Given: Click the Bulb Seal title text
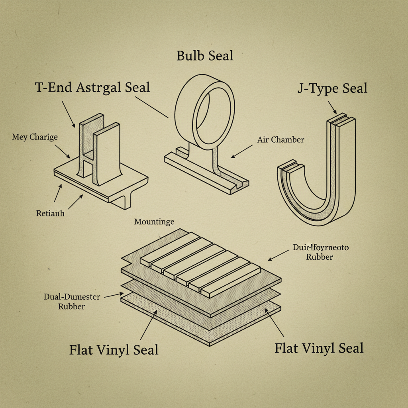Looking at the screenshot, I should pyautogui.click(x=205, y=55).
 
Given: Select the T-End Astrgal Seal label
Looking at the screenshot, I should pyautogui.click(x=92, y=87).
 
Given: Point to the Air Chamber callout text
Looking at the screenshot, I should pyautogui.click(x=280, y=140).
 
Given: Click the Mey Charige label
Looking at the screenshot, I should pyautogui.click(x=35, y=137).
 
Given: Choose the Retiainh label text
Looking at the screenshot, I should pyautogui.click(x=50, y=213).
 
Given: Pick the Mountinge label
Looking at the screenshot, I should pyautogui.click(x=154, y=222).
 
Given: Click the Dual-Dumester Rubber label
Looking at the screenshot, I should pyautogui.click(x=72, y=302).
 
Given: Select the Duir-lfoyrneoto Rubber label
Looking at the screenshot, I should pyautogui.click(x=320, y=252).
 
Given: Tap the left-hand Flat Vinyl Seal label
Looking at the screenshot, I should pyautogui.click(x=114, y=350).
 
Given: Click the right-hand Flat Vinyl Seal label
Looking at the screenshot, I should pyautogui.click(x=319, y=348).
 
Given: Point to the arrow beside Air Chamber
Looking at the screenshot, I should pyautogui.click(x=241, y=151).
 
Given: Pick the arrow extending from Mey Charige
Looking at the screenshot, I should pyautogui.click(x=63, y=151).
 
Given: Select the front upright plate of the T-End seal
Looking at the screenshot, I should pyautogui.click(x=107, y=155).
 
